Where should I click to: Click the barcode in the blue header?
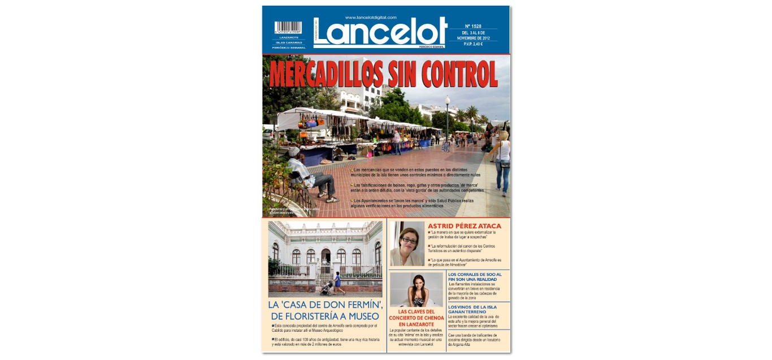[288, 28]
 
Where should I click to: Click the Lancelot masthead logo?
[380, 32]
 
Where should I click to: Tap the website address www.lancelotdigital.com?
[371, 17]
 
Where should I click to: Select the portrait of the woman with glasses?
[407, 244]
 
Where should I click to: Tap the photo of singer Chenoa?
[417, 290]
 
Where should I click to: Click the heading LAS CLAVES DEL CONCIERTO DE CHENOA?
[417, 318]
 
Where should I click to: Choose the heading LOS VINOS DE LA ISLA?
[472, 309]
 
